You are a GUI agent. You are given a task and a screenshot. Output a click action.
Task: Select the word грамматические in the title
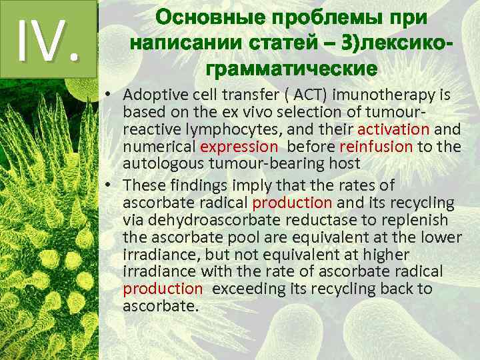[x=292, y=69]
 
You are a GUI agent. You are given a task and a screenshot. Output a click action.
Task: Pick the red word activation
[x=393, y=129]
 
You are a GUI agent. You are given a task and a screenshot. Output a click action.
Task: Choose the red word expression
[x=239, y=146]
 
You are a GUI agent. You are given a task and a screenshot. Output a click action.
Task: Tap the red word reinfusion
[x=376, y=146]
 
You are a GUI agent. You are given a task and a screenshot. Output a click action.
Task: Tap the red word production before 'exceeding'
[x=162, y=289]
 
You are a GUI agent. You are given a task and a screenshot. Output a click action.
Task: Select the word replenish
[x=419, y=219]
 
